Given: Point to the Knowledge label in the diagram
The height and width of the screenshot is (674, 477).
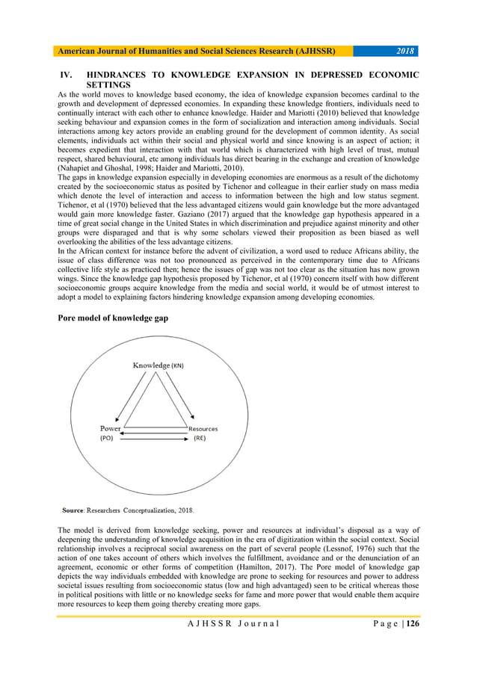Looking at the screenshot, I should [151, 365].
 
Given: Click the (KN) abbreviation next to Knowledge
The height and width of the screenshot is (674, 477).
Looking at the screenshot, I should [178, 366].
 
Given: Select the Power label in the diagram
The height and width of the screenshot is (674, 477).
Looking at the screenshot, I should [111, 428].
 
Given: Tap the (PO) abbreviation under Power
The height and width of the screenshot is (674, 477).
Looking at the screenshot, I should [107, 439].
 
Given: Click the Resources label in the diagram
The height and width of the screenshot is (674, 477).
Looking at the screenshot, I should [203, 429].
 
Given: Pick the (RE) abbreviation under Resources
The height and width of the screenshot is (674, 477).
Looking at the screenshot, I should [200, 439].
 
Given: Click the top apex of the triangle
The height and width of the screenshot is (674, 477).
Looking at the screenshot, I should [155, 373].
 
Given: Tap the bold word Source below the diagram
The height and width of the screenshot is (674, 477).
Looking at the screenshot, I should [73, 511].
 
